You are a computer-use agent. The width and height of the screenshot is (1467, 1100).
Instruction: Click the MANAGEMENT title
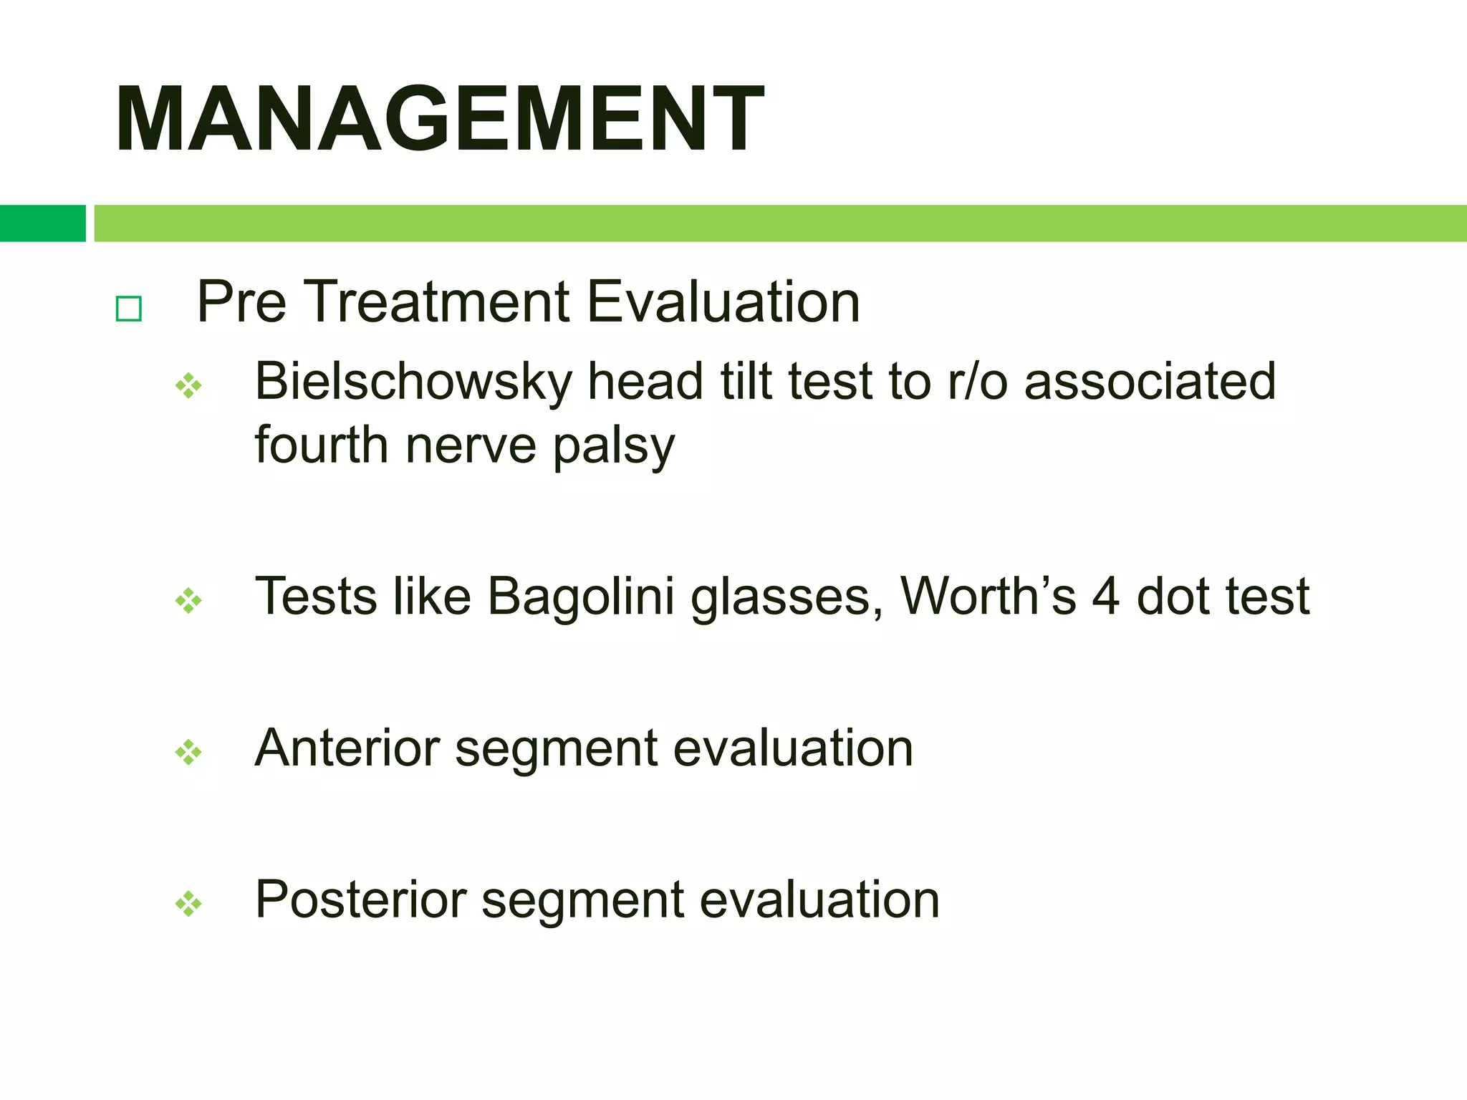pos(439,120)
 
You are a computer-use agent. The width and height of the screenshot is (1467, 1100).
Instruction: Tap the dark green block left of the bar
pos(42,223)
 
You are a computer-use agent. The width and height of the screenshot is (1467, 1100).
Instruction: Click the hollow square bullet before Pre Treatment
pos(129,309)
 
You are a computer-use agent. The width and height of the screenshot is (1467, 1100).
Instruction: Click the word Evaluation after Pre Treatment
pos(723,302)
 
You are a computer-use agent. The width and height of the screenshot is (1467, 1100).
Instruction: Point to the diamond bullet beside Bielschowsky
pos(188,386)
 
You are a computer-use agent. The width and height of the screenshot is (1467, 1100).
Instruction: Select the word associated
pos(1150,382)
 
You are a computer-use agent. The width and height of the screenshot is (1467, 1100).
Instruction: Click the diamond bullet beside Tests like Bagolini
pos(188,600)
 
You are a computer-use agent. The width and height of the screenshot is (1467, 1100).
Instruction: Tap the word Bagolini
pos(581,597)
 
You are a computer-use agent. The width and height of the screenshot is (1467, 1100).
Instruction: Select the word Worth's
pos(988,596)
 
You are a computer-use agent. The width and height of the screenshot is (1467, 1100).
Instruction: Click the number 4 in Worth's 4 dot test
pos(1106,597)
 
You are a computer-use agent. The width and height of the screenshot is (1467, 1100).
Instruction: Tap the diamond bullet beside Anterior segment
pos(188,753)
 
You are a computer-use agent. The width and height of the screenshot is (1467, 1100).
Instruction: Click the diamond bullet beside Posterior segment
pos(188,904)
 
